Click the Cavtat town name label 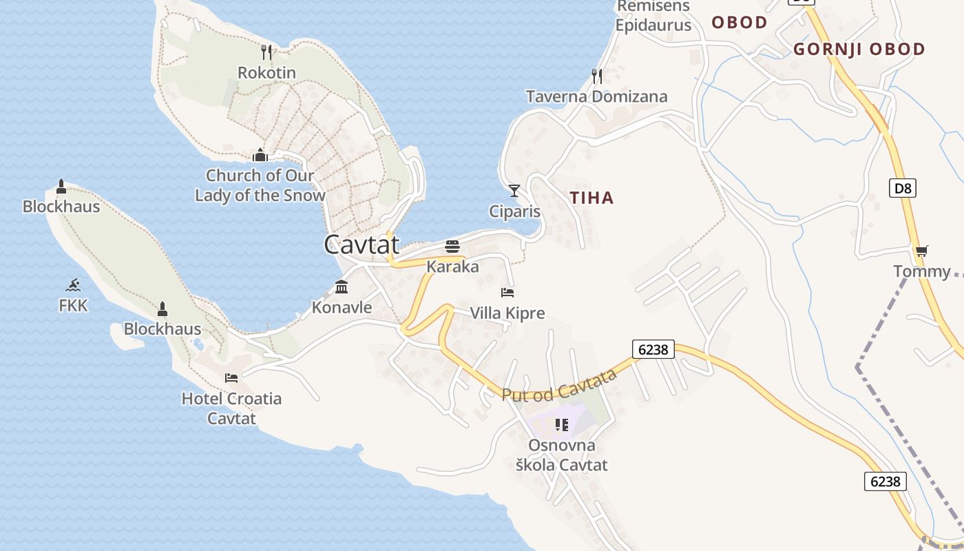(361, 245)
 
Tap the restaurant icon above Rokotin (266, 52)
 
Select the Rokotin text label (266, 72)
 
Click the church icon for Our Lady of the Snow (260, 155)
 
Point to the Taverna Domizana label (596, 96)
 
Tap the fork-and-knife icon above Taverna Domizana (597, 76)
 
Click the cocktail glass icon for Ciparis (514, 190)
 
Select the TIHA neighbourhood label (591, 198)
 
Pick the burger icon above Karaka (452, 246)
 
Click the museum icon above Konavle (342, 287)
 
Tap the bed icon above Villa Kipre (507, 293)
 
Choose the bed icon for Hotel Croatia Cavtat (231, 377)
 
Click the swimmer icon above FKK (73, 285)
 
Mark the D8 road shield (903, 187)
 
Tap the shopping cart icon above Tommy (921, 251)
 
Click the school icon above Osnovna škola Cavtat (561, 424)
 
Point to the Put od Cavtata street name (559, 386)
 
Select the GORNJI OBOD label (859, 49)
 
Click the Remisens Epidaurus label (653, 17)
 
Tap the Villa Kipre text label (507, 313)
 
